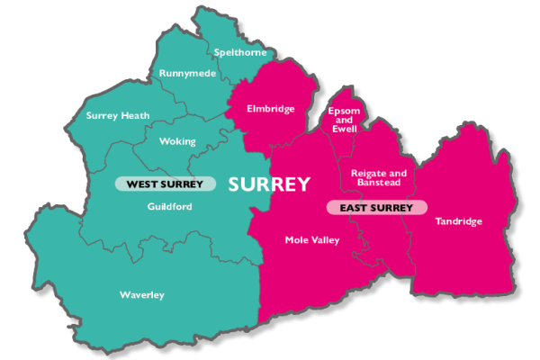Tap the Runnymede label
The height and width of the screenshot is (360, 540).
[x=187, y=73]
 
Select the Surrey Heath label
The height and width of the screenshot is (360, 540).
[x=118, y=115]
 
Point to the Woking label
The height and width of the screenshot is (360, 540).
[x=176, y=141]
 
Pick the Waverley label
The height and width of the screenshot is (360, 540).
[x=142, y=295]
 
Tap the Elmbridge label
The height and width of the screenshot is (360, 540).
[x=271, y=109]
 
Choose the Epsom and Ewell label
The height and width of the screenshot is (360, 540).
[x=344, y=120]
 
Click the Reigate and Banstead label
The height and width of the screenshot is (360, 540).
[x=379, y=177]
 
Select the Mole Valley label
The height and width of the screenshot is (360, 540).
[x=311, y=239]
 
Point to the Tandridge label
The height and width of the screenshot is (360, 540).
[x=458, y=221]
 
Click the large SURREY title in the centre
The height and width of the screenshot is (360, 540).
[x=269, y=184]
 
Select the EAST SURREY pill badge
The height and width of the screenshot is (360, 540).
[x=375, y=208]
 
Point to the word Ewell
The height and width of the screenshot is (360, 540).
[x=345, y=129]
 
